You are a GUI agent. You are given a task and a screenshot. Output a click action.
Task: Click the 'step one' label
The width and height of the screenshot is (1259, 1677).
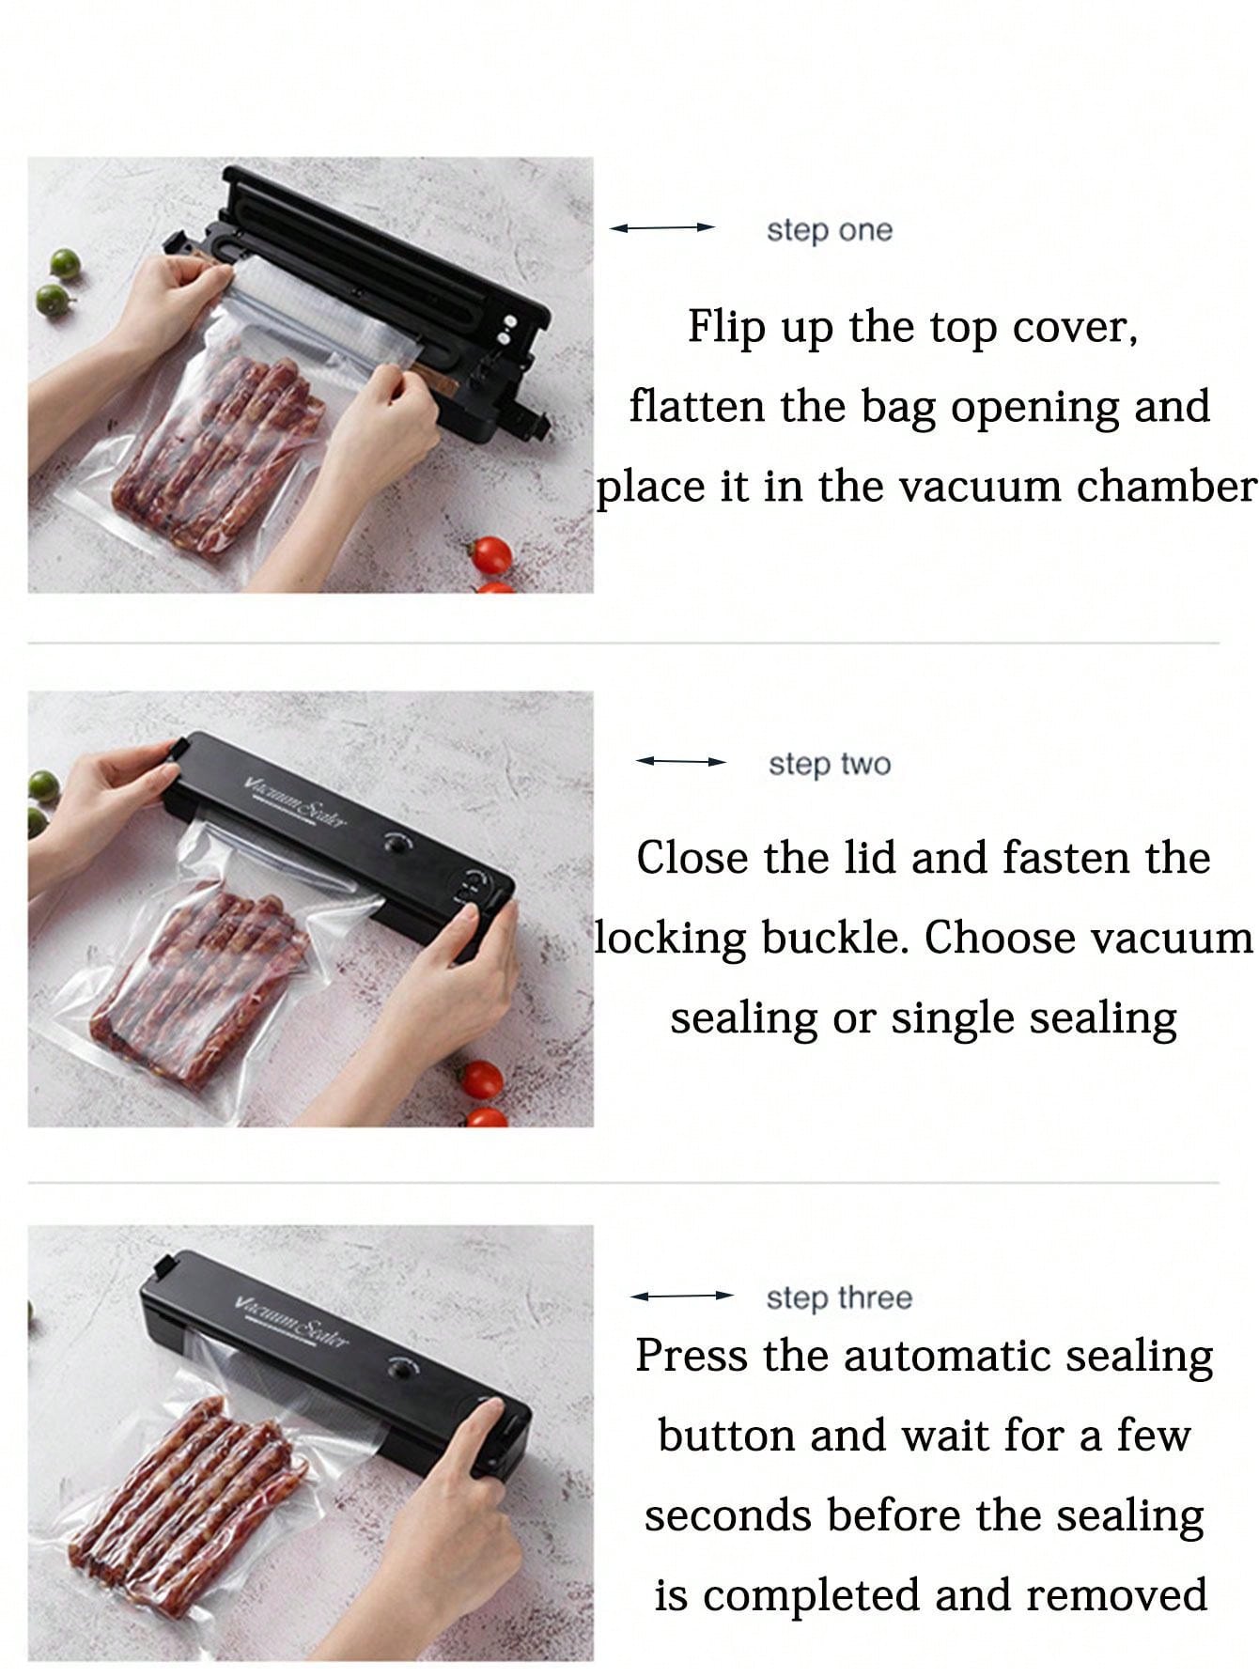pyautogui.click(x=829, y=230)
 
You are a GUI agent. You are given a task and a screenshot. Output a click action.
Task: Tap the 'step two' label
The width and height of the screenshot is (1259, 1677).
pyautogui.click(x=829, y=764)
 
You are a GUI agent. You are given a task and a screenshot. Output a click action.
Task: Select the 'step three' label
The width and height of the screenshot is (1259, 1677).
pyautogui.click(x=838, y=1297)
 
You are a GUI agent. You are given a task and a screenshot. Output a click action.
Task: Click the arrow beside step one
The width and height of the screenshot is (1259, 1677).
pyautogui.click(x=662, y=227)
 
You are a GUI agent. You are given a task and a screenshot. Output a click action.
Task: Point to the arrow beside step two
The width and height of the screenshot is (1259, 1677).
pyautogui.click(x=681, y=761)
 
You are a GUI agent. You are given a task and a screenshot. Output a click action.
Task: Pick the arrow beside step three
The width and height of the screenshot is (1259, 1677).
pyautogui.click(x=681, y=1296)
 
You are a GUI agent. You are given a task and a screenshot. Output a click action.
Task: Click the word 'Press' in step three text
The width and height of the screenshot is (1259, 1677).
pyautogui.click(x=692, y=1356)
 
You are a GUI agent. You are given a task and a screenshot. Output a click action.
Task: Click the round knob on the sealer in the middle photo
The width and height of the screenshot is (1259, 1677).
pyautogui.click(x=399, y=843)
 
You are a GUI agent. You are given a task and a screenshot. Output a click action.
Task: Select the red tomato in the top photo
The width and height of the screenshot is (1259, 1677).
pyautogui.click(x=490, y=555)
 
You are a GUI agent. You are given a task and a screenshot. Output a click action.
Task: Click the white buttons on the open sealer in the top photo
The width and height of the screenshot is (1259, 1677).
pyautogui.click(x=507, y=328)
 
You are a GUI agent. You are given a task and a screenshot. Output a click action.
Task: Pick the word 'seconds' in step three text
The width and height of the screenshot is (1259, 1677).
pyautogui.click(x=725, y=1515)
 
